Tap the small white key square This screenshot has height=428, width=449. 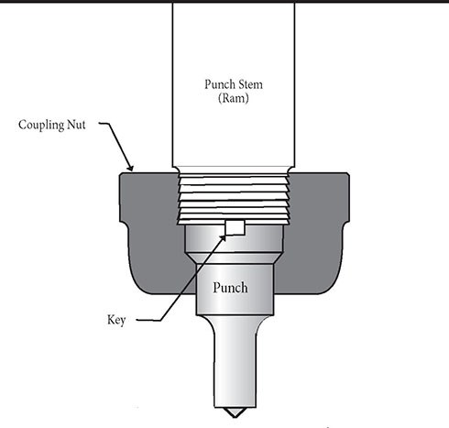tap(235, 228)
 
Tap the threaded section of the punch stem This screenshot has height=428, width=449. tap(231, 197)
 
